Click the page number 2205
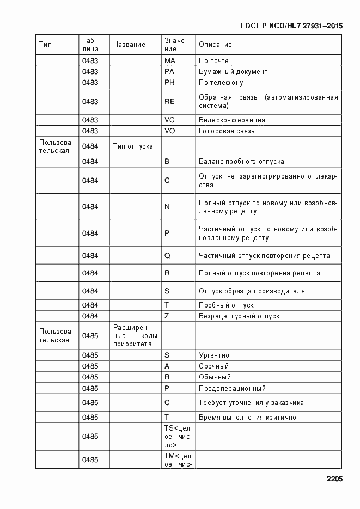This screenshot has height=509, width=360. tap(334, 480)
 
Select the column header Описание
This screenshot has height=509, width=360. tap(215, 45)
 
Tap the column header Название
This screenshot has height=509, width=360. tap(129, 45)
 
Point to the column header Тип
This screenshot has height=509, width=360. tap(45, 45)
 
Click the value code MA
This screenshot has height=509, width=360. tap(169, 60)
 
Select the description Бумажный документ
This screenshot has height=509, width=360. tap(233, 72)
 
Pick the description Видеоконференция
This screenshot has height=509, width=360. tap(232, 120)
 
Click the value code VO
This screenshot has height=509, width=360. tap(170, 131)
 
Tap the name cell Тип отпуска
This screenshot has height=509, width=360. tap(133, 146)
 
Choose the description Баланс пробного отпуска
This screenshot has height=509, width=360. tap(241, 162)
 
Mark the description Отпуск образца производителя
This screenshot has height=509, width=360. tap(252, 291)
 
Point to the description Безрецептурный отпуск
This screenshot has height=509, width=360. tap(239, 316)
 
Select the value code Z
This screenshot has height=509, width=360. tap(167, 316)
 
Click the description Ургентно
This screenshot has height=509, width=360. tap(214, 355)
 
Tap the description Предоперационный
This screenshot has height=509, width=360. tap(232, 389)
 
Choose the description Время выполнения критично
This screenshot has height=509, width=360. tap(247, 418)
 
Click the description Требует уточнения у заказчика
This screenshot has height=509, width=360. tap(251, 403)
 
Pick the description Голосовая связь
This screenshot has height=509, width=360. tap(227, 131)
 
